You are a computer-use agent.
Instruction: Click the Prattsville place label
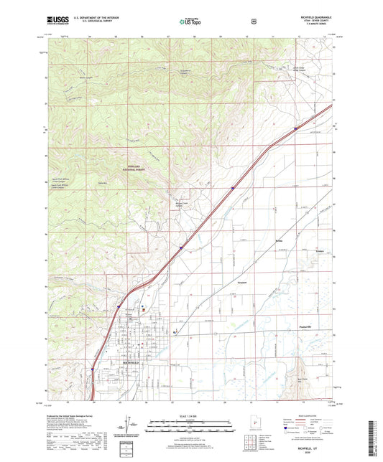coord(308,326)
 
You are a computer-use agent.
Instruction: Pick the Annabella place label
coord(242,284)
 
